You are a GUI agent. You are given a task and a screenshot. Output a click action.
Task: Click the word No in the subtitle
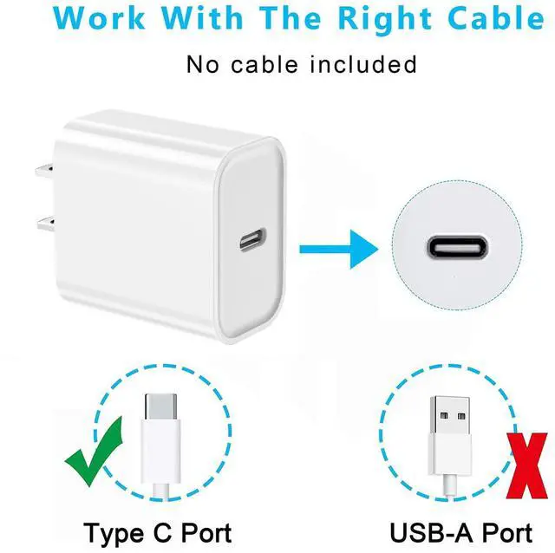pyautogui.click(x=201, y=63)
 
